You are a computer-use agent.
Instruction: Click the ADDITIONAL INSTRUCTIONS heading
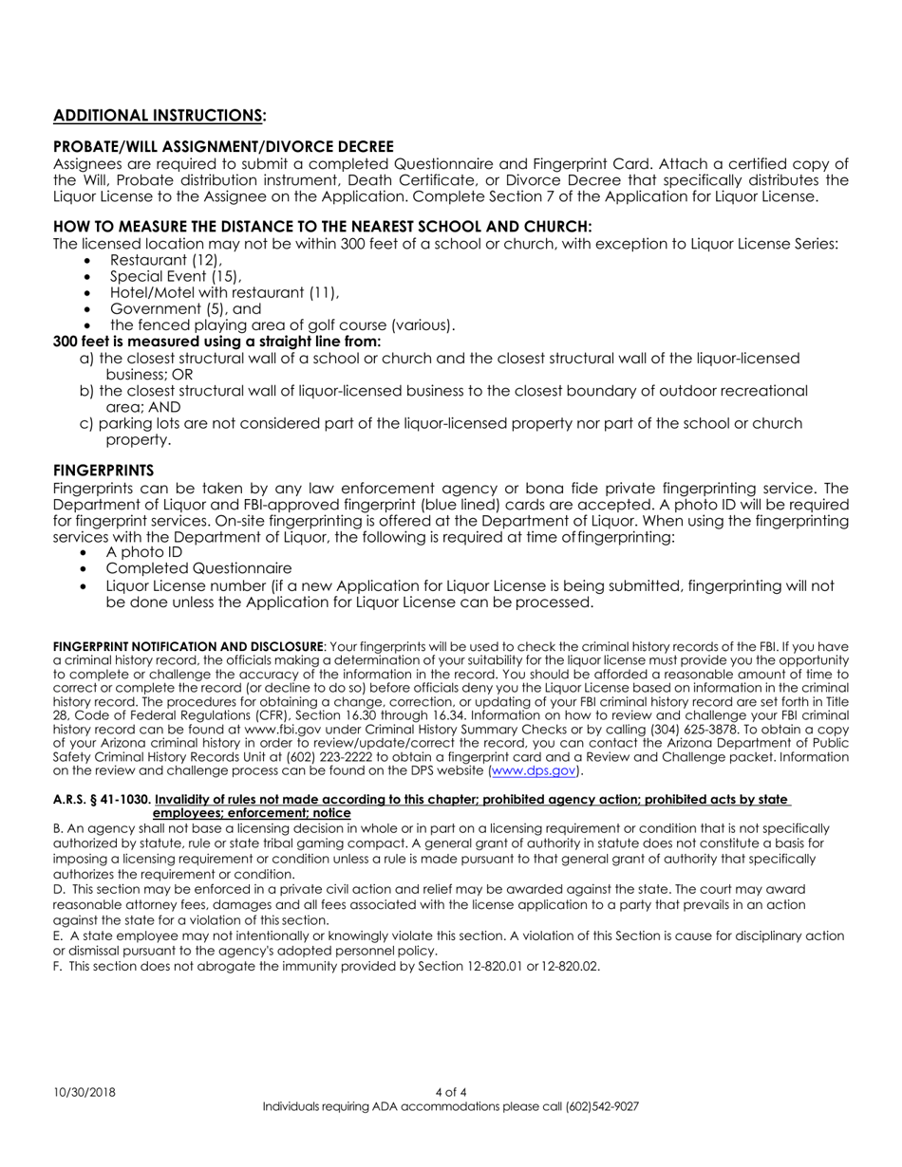(x=160, y=116)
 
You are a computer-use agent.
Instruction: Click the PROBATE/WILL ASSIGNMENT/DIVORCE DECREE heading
(x=223, y=146)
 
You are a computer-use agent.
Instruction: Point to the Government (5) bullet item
(x=185, y=308)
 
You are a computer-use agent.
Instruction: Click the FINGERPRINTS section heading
(x=103, y=471)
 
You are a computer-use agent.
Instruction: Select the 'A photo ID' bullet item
(x=144, y=552)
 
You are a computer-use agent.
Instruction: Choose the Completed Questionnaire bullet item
(x=198, y=568)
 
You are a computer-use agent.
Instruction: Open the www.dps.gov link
(x=533, y=770)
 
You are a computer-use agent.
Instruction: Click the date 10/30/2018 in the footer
(x=85, y=1092)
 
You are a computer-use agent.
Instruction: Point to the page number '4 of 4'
(x=451, y=1092)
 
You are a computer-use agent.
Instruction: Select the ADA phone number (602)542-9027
(x=602, y=1106)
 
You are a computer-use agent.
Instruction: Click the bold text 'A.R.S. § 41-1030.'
(x=102, y=800)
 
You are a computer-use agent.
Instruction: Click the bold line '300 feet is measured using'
(x=217, y=342)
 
